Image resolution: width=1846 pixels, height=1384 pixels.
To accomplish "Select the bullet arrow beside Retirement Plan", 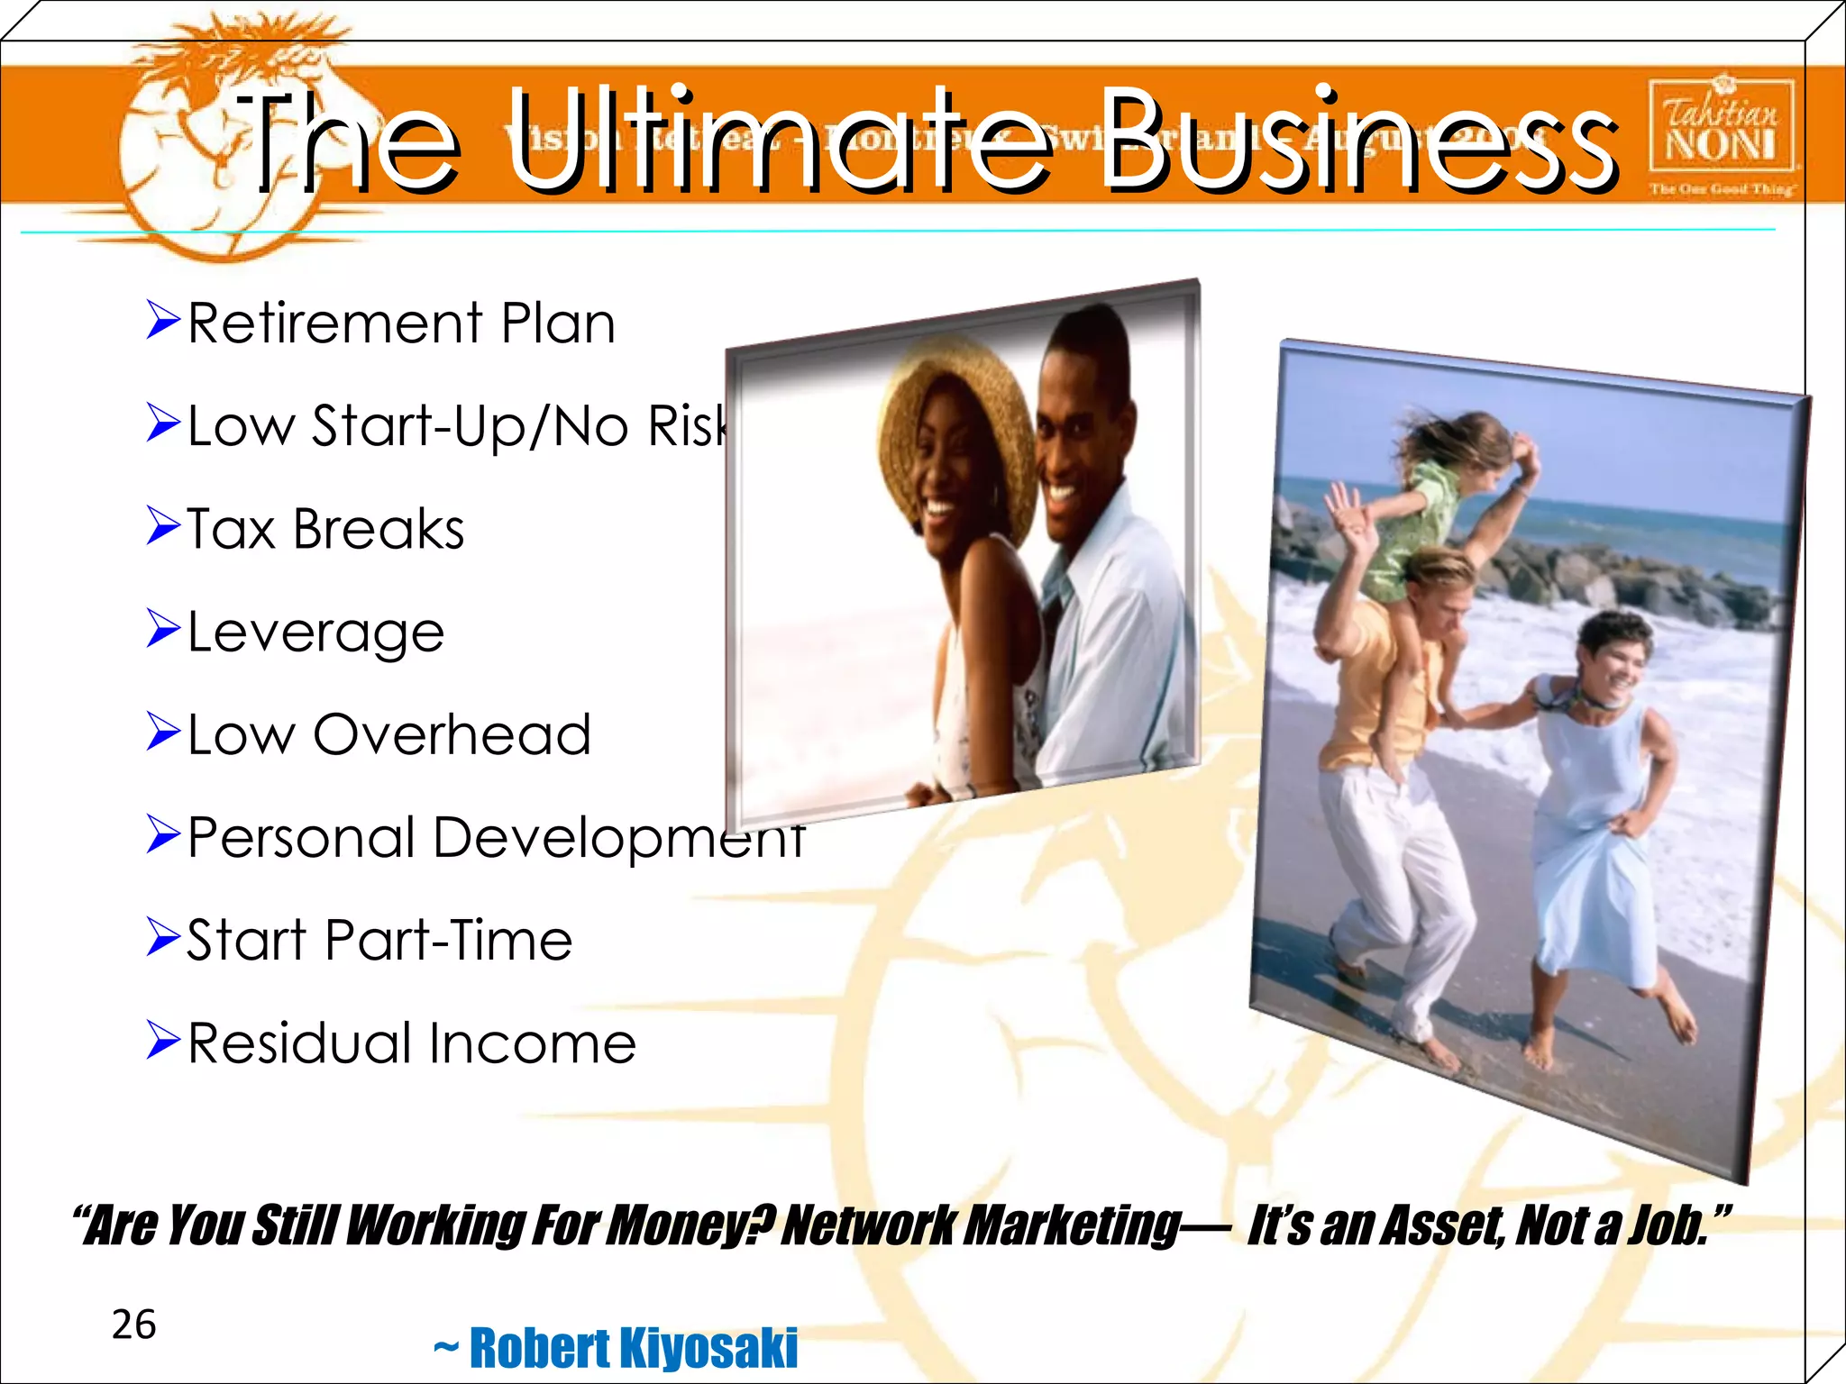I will [x=163, y=322].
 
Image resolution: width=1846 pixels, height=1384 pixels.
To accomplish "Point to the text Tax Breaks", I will [x=325, y=529].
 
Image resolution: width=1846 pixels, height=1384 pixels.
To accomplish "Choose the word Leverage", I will [x=315, y=633].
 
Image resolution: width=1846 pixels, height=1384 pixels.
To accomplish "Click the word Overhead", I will [x=452, y=735].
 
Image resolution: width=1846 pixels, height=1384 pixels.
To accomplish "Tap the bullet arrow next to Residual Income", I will [x=163, y=1042].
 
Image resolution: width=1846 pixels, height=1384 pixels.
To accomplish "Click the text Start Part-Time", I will [x=379, y=941].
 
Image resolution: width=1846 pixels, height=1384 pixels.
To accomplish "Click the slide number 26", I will [x=133, y=1325].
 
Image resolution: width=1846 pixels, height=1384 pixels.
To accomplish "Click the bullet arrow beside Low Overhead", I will [x=163, y=733].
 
